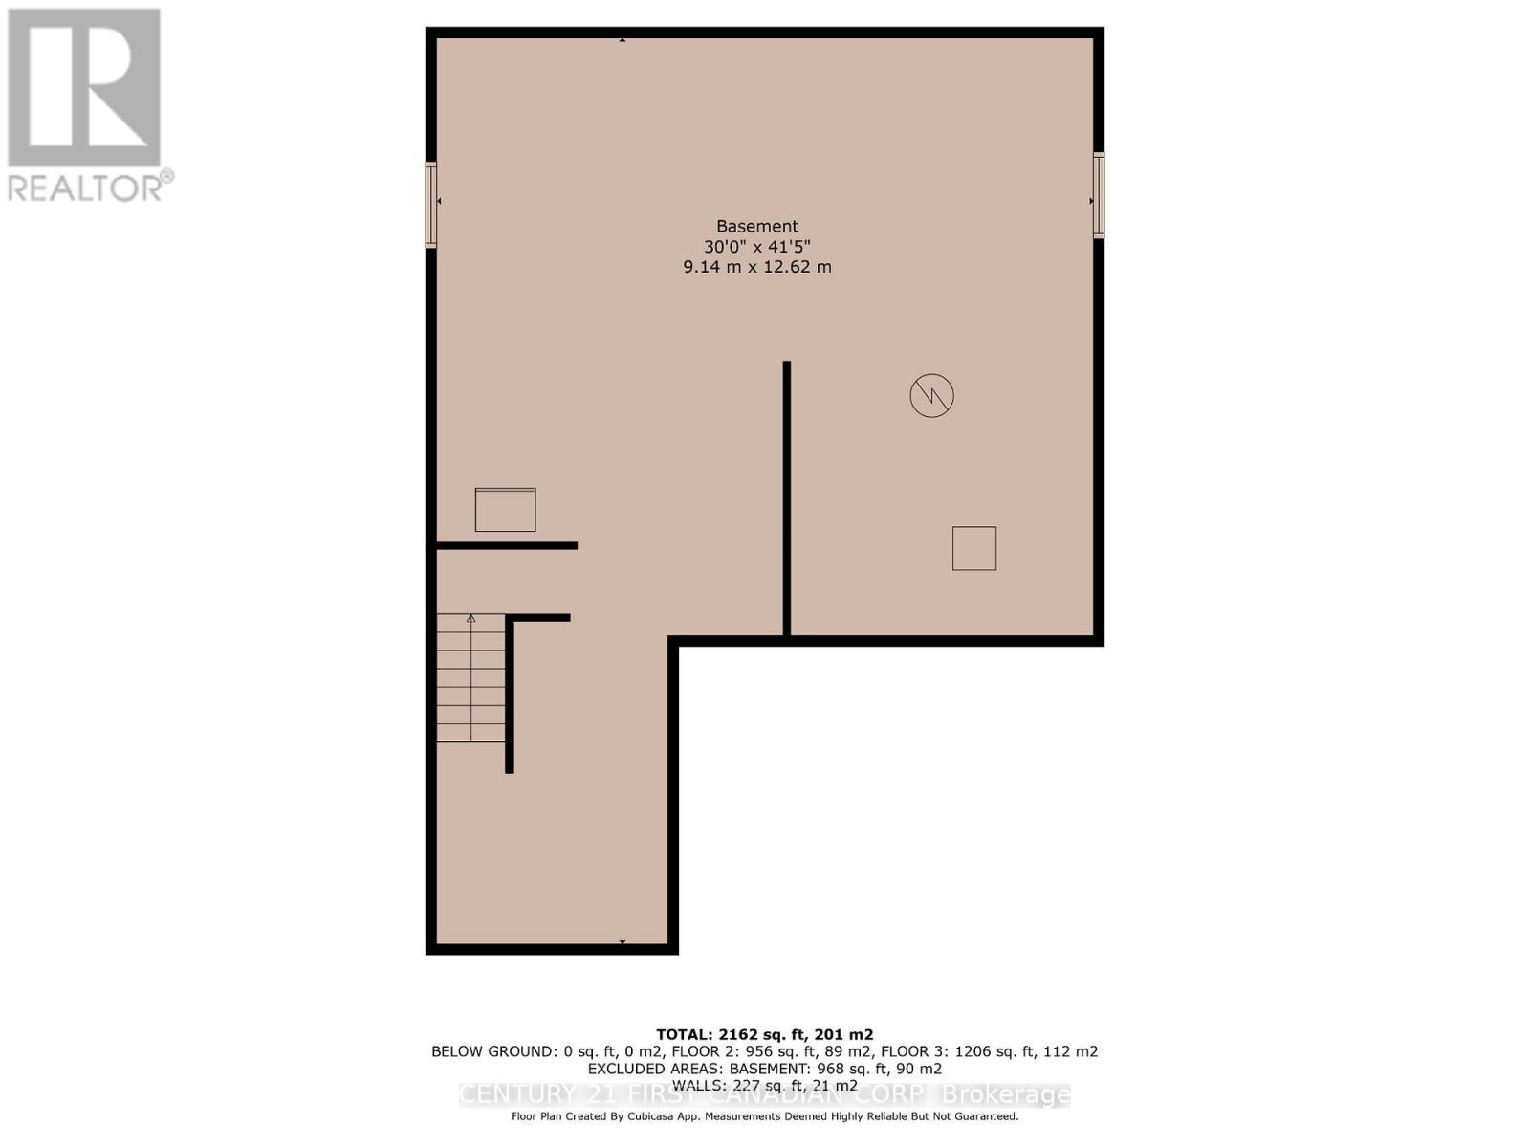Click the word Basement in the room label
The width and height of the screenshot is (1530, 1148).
point(756,227)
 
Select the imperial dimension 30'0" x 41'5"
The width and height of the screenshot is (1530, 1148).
point(756,247)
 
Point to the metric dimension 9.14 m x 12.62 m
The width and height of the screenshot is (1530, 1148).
point(756,267)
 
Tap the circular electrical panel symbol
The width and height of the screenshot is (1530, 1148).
point(931,396)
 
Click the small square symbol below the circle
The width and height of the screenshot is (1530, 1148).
point(973,548)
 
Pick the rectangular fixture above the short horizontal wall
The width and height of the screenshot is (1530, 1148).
point(505,510)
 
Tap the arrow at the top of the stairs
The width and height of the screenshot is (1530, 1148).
point(470,619)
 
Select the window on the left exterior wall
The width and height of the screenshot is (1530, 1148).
point(431,205)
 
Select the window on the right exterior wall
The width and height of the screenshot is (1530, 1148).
point(1099,195)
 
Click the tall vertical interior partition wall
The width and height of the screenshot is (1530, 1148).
point(786,497)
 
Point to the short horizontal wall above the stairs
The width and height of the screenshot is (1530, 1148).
point(507,545)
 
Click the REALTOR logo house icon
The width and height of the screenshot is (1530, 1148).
point(84,88)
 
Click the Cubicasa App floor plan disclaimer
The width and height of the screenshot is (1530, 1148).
point(764,1116)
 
